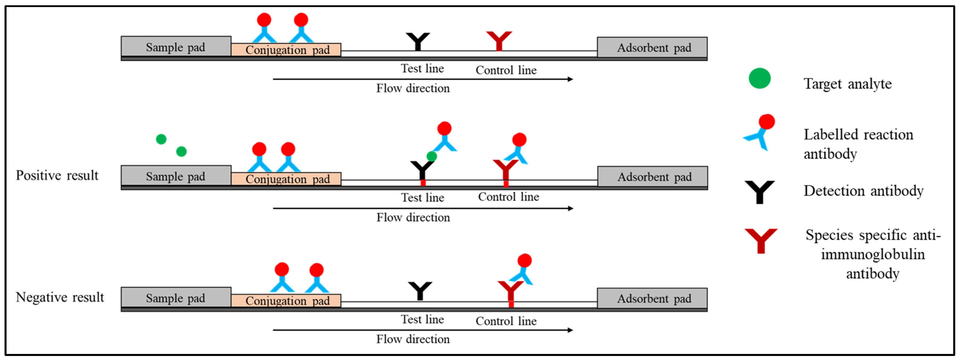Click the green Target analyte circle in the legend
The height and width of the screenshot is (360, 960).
(760, 78)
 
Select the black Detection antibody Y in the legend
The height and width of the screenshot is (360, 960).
(760, 192)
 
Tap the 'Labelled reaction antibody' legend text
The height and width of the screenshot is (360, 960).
(858, 144)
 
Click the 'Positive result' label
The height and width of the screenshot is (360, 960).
(57, 175)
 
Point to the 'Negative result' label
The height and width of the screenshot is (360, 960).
(60, 297)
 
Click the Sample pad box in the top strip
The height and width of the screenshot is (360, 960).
(176, 47)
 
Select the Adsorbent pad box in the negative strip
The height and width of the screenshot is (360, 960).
(652, 298)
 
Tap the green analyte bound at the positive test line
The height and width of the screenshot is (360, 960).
(432, 156)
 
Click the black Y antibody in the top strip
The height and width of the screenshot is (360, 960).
(418, 41)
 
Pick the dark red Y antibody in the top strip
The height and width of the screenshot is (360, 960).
(499, 40)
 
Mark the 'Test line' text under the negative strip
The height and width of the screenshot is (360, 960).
(422, 319)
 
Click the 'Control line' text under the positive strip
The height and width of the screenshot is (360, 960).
(508, 197)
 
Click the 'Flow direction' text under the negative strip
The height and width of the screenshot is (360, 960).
(413, 339)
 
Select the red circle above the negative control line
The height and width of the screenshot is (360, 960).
(524, 261)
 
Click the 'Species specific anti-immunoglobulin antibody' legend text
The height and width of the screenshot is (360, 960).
(873, 254)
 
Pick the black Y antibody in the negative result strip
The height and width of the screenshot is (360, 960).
(420, 290)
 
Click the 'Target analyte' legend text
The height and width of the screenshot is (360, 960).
(847, 84)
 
